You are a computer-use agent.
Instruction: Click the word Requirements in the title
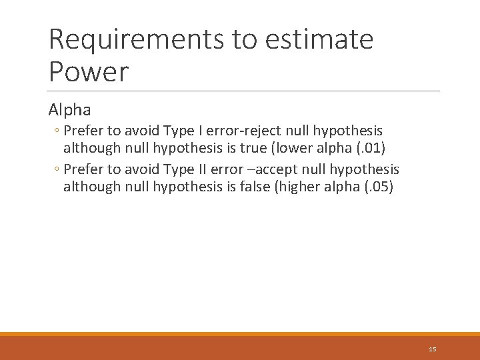click(x=137, y=40)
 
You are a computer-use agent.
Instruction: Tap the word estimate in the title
click(x=319, y=40)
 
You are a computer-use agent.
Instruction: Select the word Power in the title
click(x=89, y=72)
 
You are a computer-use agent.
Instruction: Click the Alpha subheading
click(x=69, y=109)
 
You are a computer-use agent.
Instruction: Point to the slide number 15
click(x=433, y=349)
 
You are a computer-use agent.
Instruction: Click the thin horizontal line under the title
click(x=244, y=91)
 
